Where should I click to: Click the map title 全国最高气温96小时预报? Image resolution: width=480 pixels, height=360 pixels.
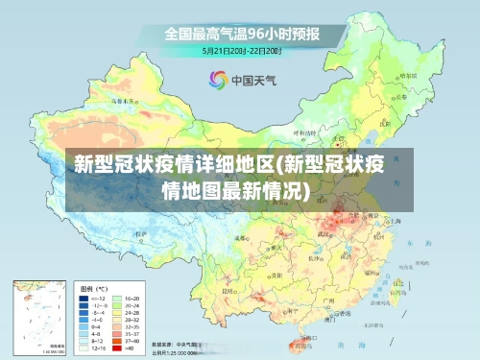[242, 33]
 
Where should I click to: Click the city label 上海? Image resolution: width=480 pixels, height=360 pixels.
[396, 221]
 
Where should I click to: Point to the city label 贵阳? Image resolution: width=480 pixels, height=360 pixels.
[272, 274]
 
